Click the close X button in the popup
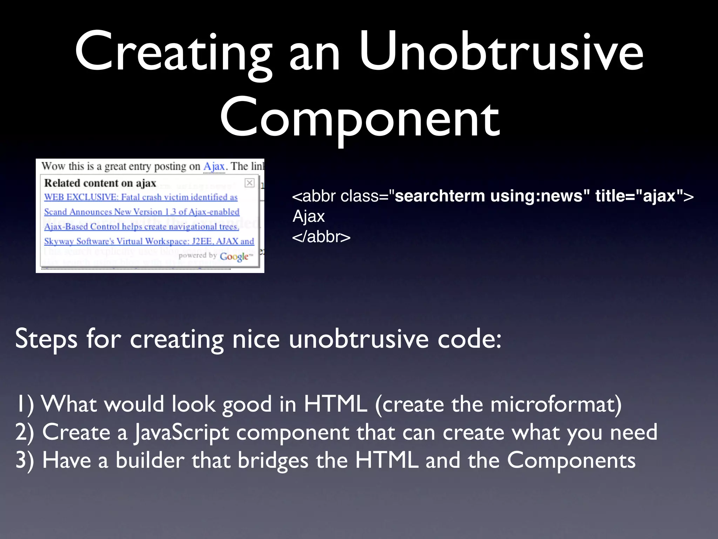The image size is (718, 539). coord(249,183)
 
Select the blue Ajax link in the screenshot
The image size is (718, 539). coord(214,166)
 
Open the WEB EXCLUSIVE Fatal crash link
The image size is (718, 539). coord(141,197)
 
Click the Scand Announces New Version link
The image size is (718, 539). coord(142,212)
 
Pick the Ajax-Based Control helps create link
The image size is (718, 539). coord(141,227)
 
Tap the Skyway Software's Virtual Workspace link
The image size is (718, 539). coord(149,241)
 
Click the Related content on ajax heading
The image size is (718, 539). coord(100,183)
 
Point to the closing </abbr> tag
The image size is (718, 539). coord(321,237)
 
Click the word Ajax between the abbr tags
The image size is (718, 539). coord(309,217)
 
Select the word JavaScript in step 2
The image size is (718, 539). coord(182,432)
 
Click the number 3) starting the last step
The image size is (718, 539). coord(25,460)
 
